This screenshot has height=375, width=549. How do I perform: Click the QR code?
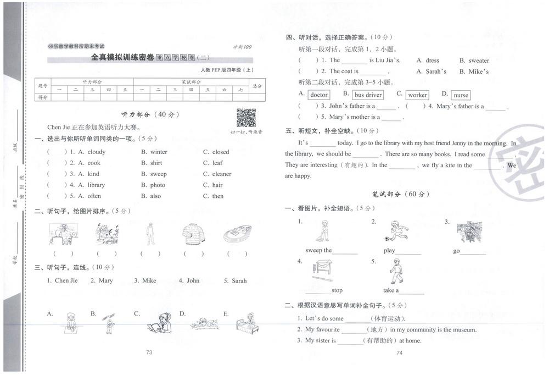(246, 118)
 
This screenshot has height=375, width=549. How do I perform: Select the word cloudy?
(96, 152)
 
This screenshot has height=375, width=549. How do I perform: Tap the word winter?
(159, 152)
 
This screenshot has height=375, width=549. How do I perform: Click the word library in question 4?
(96, 185)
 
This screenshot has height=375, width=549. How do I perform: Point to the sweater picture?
(193, 234)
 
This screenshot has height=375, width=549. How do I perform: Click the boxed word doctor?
(319, 95)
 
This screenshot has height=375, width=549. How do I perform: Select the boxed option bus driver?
(368, 95)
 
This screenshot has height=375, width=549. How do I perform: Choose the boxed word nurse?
(461, 95)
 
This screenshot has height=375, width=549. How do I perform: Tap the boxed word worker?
(417, 95)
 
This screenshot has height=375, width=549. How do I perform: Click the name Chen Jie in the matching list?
(66, 280)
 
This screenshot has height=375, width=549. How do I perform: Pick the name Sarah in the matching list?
(239, 280)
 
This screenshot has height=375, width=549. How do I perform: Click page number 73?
(149, 352)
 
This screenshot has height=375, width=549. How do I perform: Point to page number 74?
(399, 353)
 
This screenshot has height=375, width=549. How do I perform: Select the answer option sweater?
(479, 60)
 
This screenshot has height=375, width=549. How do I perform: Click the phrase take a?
(391, 290)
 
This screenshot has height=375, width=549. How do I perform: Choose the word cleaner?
(222, 174)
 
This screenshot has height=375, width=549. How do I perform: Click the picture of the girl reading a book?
(159, 323)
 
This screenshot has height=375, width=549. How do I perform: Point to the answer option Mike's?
(479, 71)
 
